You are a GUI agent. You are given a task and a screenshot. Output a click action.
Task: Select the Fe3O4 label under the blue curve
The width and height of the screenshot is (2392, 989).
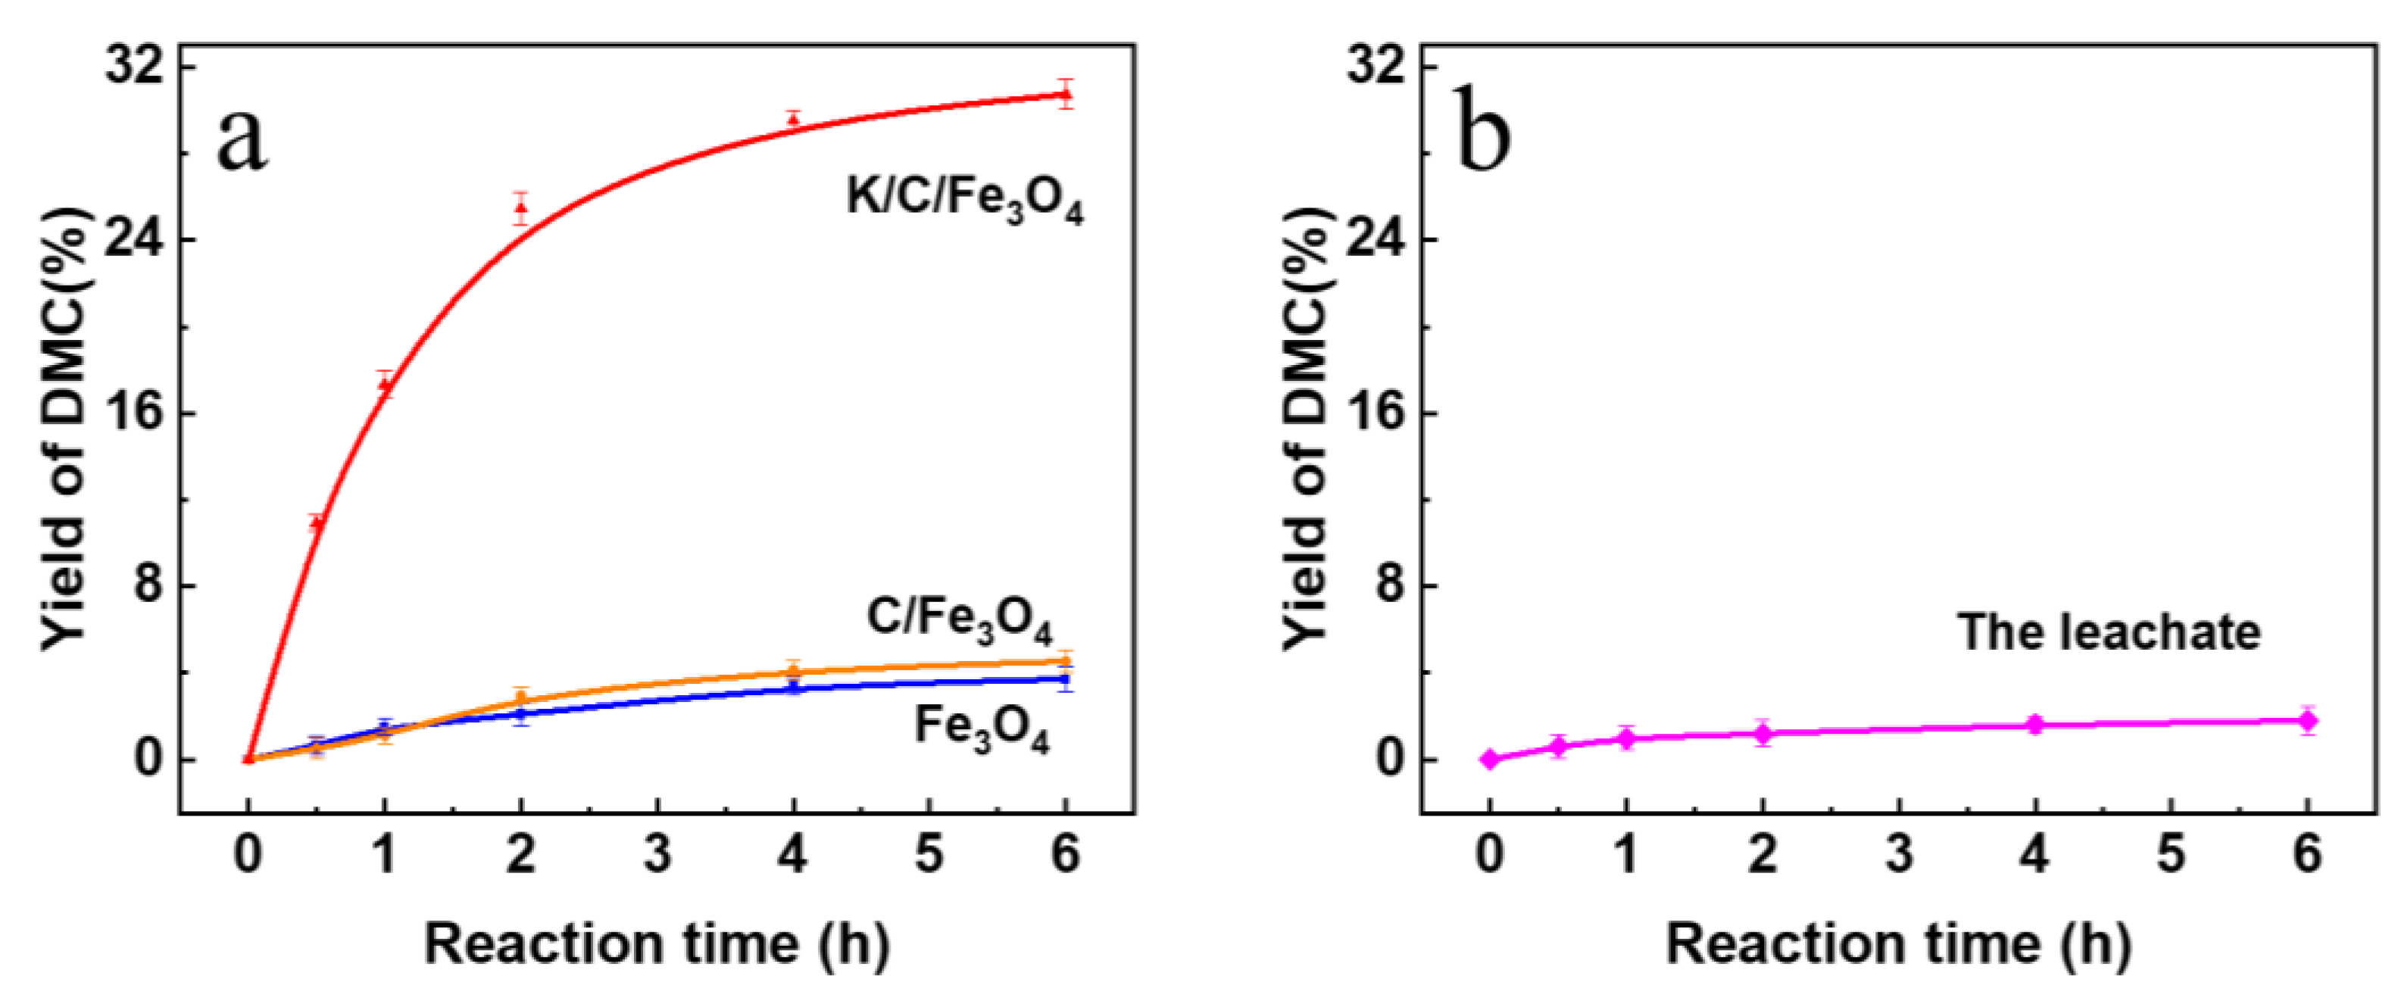click(x=982, y=727)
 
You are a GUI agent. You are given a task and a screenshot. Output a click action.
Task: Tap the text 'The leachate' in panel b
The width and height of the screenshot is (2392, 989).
click(x=2109, y=632)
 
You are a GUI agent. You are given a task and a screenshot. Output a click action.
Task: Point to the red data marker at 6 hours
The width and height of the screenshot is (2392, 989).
click(x=1066, y=93)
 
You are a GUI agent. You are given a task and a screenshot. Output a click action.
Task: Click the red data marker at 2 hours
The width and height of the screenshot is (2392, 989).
click(x=521, y=208)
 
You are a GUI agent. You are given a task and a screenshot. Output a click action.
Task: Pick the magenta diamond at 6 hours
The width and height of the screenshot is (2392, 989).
click(x=2307, y=719)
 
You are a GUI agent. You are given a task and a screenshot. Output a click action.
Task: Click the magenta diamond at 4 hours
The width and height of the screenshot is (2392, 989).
click(x=2035, y=725)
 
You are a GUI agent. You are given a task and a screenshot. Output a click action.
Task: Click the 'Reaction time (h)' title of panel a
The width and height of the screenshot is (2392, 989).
click(x=657, y=944)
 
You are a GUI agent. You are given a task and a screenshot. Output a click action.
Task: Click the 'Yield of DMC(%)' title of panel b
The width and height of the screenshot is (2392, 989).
click(x=1307, y=428)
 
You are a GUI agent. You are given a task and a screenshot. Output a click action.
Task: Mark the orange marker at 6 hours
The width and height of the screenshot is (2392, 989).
click(x=1066, y=662)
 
